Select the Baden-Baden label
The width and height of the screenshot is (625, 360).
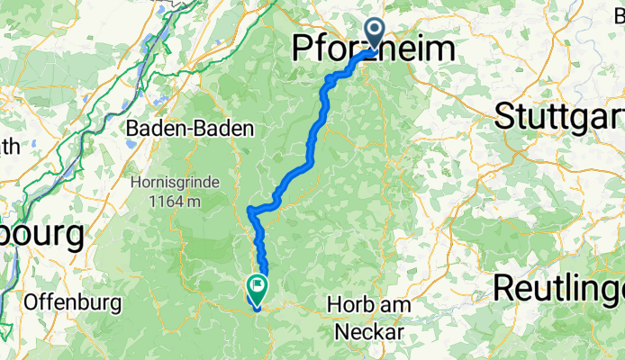pyautogui.click(x=189, y=129)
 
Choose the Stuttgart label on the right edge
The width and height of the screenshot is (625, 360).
pyautogui.click(x=558, y=115)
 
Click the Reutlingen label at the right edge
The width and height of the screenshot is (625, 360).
pyautogui.click(x=558, y=288)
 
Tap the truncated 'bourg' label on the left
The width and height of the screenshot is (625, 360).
pyautogui.click(x=41, y=236)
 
